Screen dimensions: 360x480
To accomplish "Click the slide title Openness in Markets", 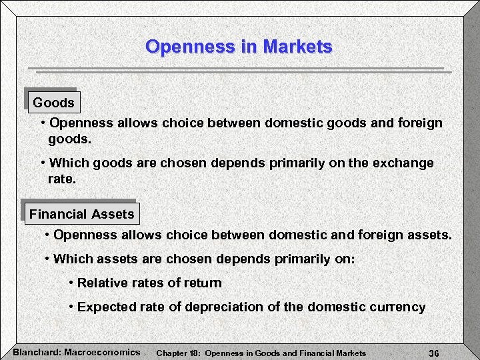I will (239, 47).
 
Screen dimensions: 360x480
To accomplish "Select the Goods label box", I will (53, 103).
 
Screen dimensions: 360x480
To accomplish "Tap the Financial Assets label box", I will (81, 214).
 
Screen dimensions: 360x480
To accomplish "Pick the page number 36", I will (433, 353).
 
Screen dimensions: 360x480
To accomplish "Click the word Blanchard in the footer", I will (35, 352).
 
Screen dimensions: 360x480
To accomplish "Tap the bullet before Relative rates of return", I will (71, 283).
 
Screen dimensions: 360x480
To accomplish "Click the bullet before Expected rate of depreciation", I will (71, 307).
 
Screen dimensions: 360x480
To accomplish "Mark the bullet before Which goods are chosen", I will (43, 163).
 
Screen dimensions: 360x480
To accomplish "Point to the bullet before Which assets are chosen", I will (47, 259).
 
